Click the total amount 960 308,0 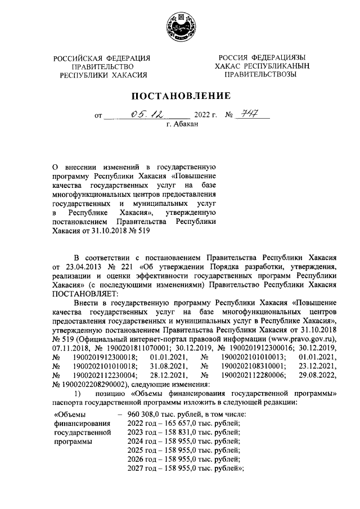point(143,414)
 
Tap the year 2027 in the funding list point(136,468)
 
